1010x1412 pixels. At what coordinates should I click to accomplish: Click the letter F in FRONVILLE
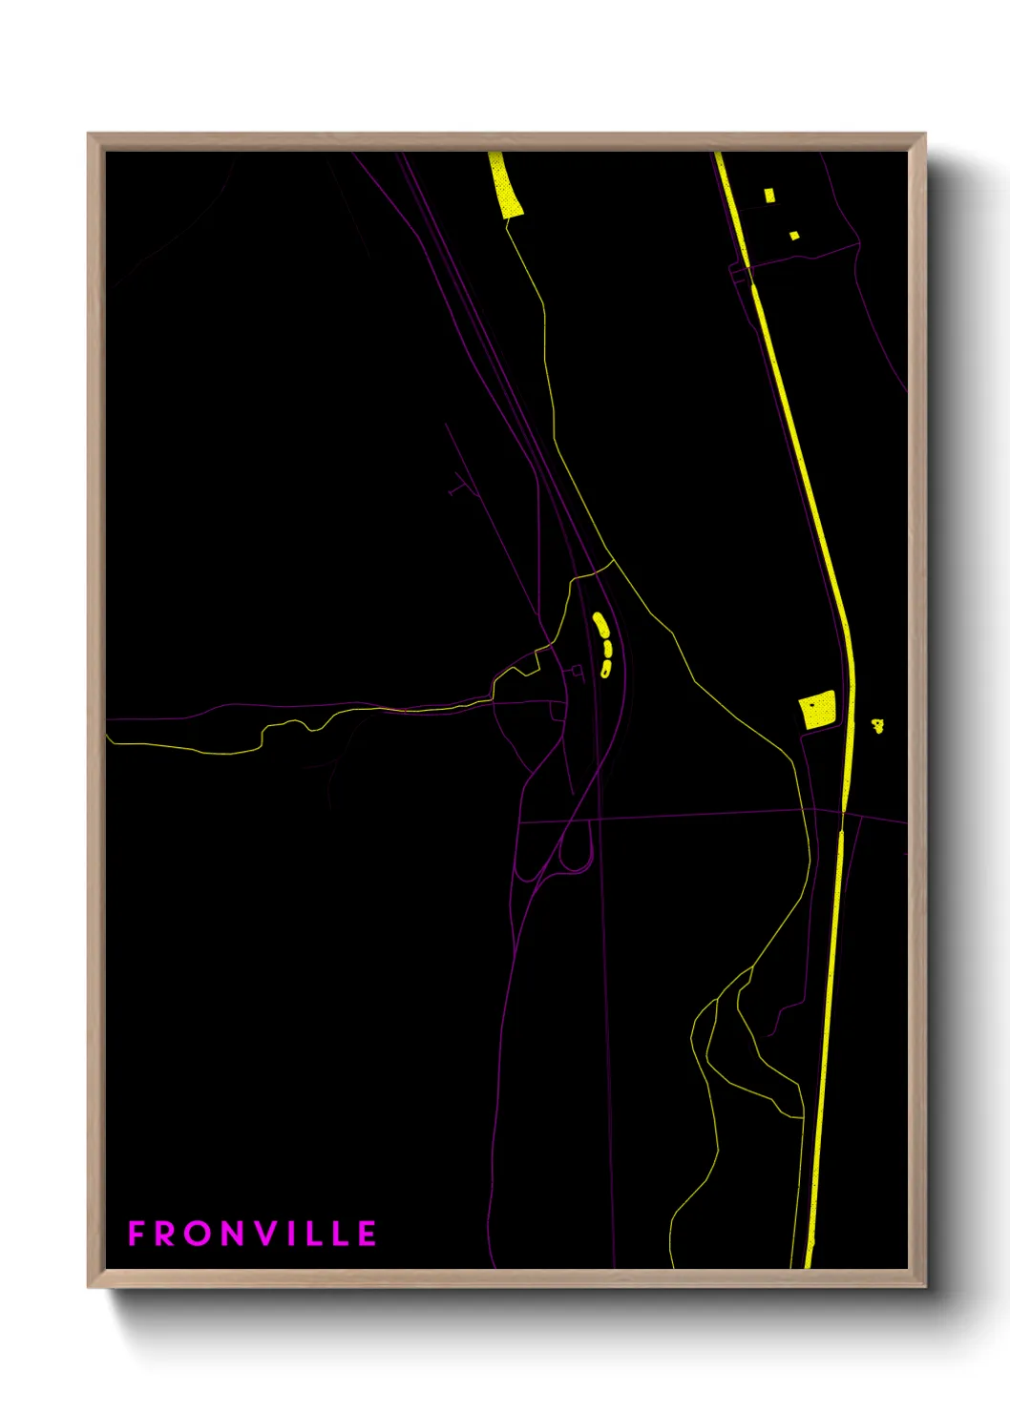(137, 1234)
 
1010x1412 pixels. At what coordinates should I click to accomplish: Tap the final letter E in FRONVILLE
(368, 1234)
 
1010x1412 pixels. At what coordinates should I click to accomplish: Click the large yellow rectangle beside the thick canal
(817, 711)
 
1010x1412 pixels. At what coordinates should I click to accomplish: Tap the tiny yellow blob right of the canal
(878, 726)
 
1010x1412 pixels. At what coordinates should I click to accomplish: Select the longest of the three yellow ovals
(600, 625)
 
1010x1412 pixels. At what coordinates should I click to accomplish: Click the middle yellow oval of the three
(606, 649)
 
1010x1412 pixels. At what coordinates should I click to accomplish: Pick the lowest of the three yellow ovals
(605, 668)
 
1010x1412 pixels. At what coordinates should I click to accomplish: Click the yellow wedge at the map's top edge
(505, 187)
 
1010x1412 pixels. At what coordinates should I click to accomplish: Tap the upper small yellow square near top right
(769, 196)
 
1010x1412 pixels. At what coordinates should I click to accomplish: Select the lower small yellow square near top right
(794, 235)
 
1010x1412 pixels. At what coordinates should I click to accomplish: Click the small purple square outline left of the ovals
(577, 672)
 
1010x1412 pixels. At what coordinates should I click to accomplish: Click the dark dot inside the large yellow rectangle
(811, 705)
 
